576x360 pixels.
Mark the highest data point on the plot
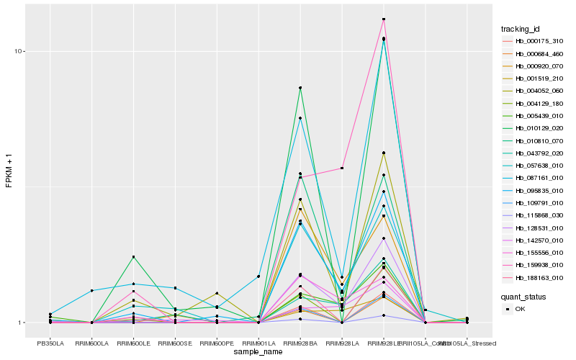click(x=384, y=19)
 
